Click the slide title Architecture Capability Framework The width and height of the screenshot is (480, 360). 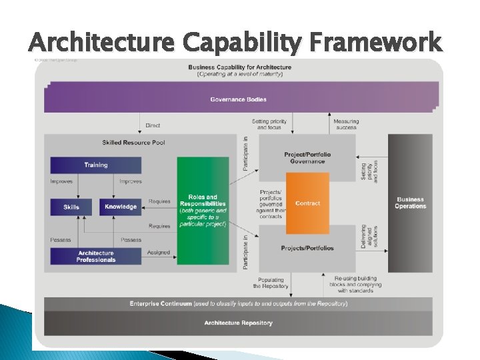pyautogui.click(x=235, y=42)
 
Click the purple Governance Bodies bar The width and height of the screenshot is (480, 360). pyautogui.click(x=238, y=99)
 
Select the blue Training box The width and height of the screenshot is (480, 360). pyautogui.click(x=96, y=165)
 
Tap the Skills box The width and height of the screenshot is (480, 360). pyautogui.click(x=71, y=207)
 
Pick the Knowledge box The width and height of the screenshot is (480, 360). pyautogui.click(x=121, y=207)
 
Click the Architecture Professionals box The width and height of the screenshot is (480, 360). pyautogui.click(x=96, y=256)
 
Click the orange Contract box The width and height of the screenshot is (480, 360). pyautogui.click(x=307, y=203)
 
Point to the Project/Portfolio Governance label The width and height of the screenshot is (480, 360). pyautogui.click(x=307, y=157)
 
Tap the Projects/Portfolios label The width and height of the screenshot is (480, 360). pyautogui.click(x=307, y=248)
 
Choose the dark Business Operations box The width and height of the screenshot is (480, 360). pyautogui.click(x=410, y=203)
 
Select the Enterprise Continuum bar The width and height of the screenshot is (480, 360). pyautogui.click(x=238, y=303)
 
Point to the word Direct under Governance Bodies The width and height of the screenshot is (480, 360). pyautogui.click(x=153, y=125)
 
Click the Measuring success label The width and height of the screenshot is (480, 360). pyautogui.click(x=346, y=124)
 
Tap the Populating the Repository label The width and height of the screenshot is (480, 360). pyautogui.click(x=271, y=283)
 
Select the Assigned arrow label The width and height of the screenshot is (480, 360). pyautogui.click(x=159, y=253)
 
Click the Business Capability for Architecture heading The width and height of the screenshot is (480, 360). pyautogui.click(x=240, y=67)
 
